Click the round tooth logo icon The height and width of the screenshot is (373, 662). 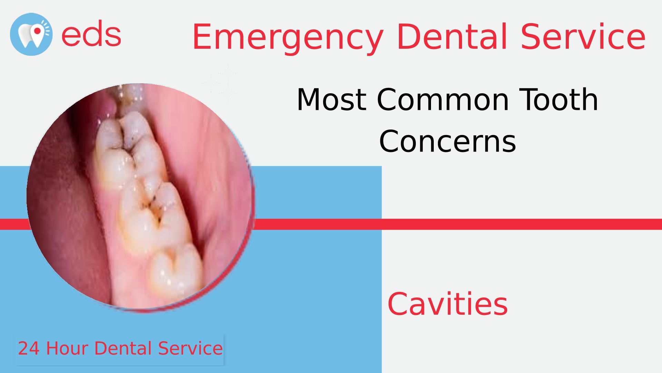pyautogui.click(x=31, y=35)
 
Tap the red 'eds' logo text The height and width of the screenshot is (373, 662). pyautogui.click(x=91, y=34)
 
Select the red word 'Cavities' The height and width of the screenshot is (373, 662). pyautogui.click(x=448, y=304)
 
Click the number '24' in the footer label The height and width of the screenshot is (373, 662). pyautogui.click(x=29, y=348)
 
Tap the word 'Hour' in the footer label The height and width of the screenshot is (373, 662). pyautogui.click(x=67, y=348)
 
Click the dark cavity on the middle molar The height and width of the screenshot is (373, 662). pyautogui.click(x=153, y=207)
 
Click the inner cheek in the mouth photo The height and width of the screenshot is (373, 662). pyautogui.click(x=214, y=173)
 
